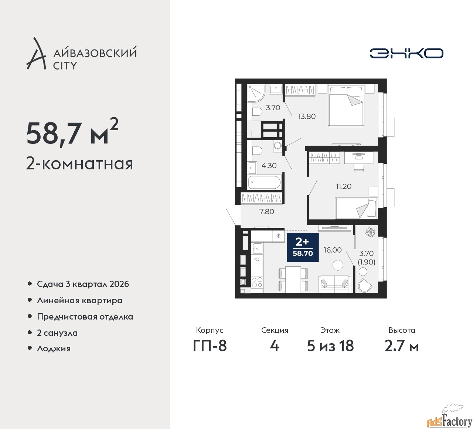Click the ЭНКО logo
tap(406, 53)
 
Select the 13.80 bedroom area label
tap(307, 116)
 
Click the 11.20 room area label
tap(343, 186)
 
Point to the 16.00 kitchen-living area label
tap(333, 250)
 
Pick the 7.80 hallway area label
tap(266, 212)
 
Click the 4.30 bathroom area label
tap(269, 166)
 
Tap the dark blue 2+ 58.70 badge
tap(303, 247)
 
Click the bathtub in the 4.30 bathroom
tap(264, 182)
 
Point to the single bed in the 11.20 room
tap(356, 208)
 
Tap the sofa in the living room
tap(335, 284)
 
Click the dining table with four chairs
tap(293, 279)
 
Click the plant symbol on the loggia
tap(370, 232)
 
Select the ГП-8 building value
tap(210, 346)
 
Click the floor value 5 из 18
tap(330, 346)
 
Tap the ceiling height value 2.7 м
tap(401, 346)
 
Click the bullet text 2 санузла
tap(57, 333)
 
